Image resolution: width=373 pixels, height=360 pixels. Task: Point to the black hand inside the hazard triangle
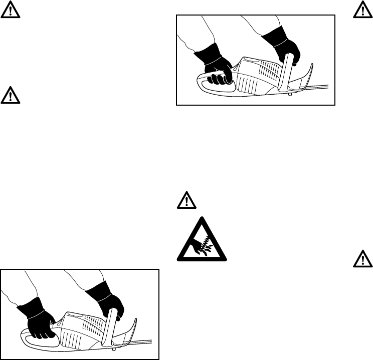[193, 245]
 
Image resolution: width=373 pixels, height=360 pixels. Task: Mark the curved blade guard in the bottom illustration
[129, 332]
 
